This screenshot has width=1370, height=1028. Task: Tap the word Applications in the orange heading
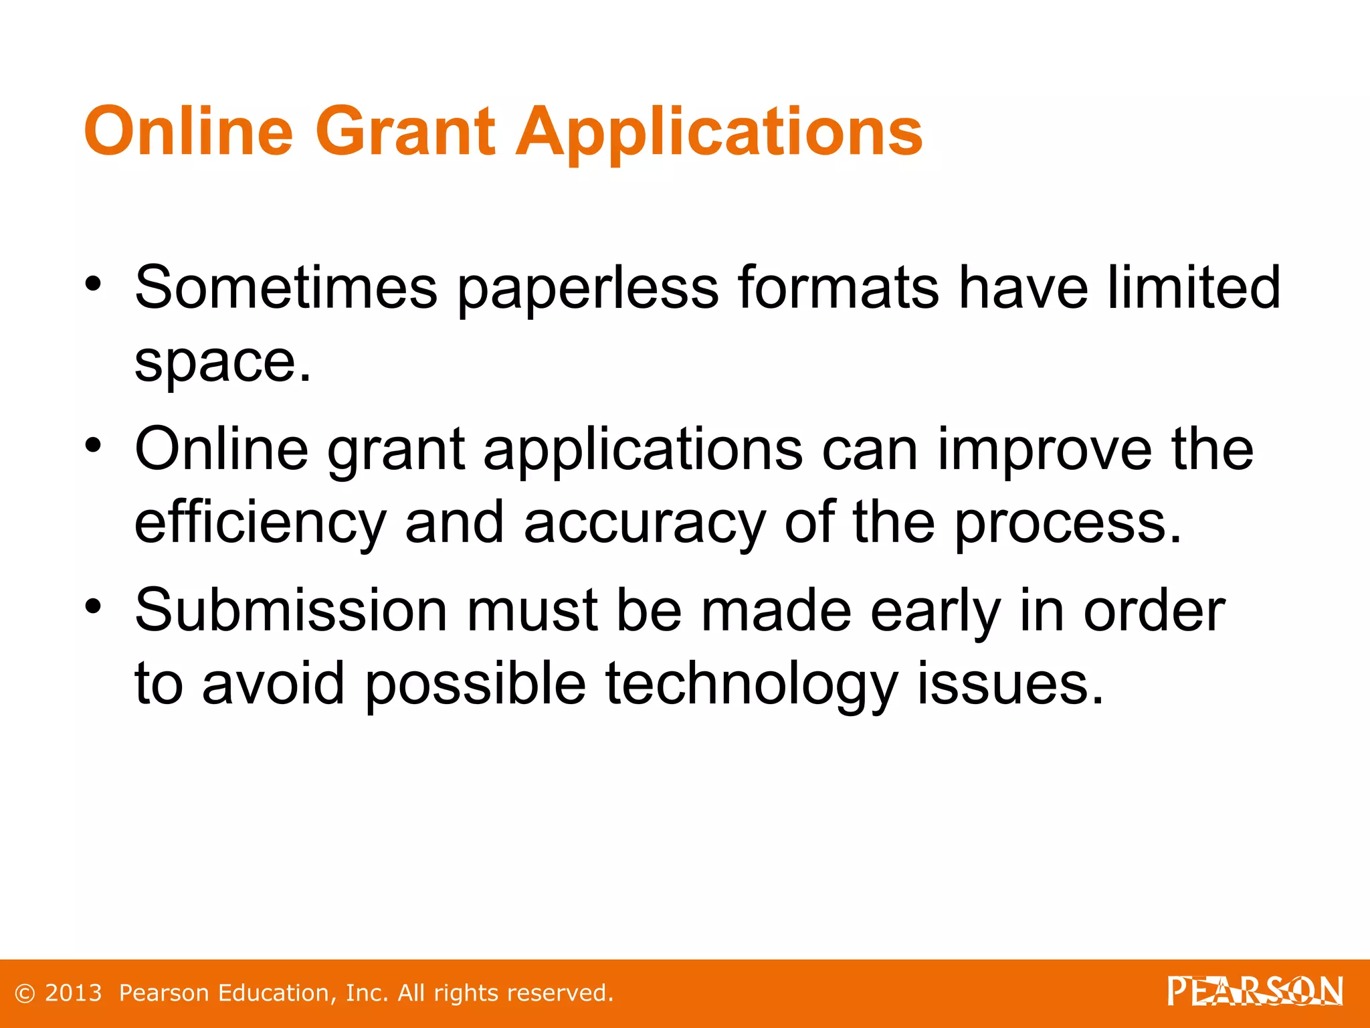[x=720, y=132]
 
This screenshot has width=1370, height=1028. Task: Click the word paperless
[x=588, y=289]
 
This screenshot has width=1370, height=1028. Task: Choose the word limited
[x=1193, y=288]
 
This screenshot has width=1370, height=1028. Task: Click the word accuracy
[x=644, y=523]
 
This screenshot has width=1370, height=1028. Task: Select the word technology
[x=751, y=684]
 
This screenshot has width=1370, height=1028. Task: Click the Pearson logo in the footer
[x=1255, y=991]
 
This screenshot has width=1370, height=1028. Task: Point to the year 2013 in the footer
[x=73, y=993]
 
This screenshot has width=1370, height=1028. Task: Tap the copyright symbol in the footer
[x=24, y=993]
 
